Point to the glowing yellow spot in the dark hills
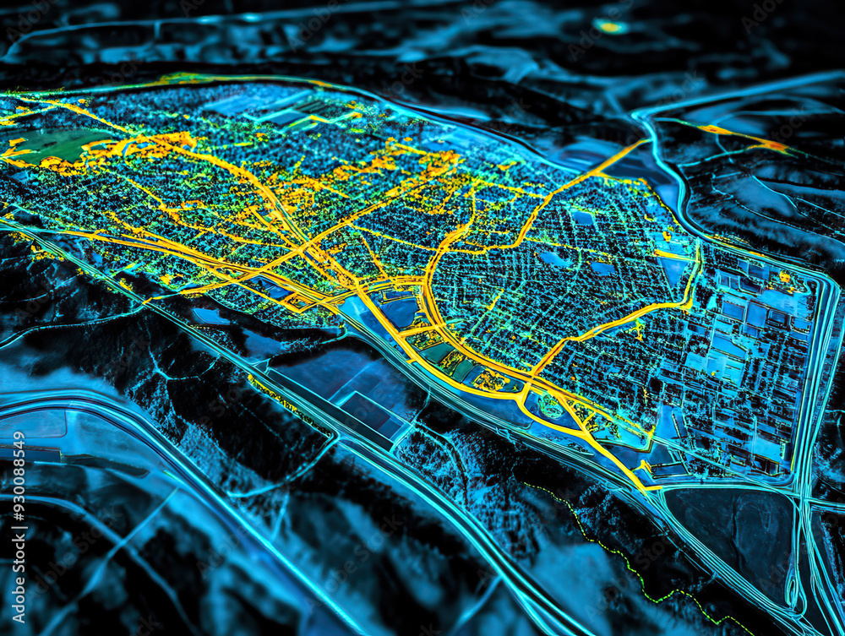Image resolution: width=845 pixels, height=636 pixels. point(609,26)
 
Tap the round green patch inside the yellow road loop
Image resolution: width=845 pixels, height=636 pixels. point(550,406)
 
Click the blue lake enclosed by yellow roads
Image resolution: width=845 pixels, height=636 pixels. point(401,313)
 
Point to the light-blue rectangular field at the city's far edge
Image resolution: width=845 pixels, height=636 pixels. point(245,104)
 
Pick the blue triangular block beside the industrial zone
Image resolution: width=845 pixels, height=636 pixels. point(676,270)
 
